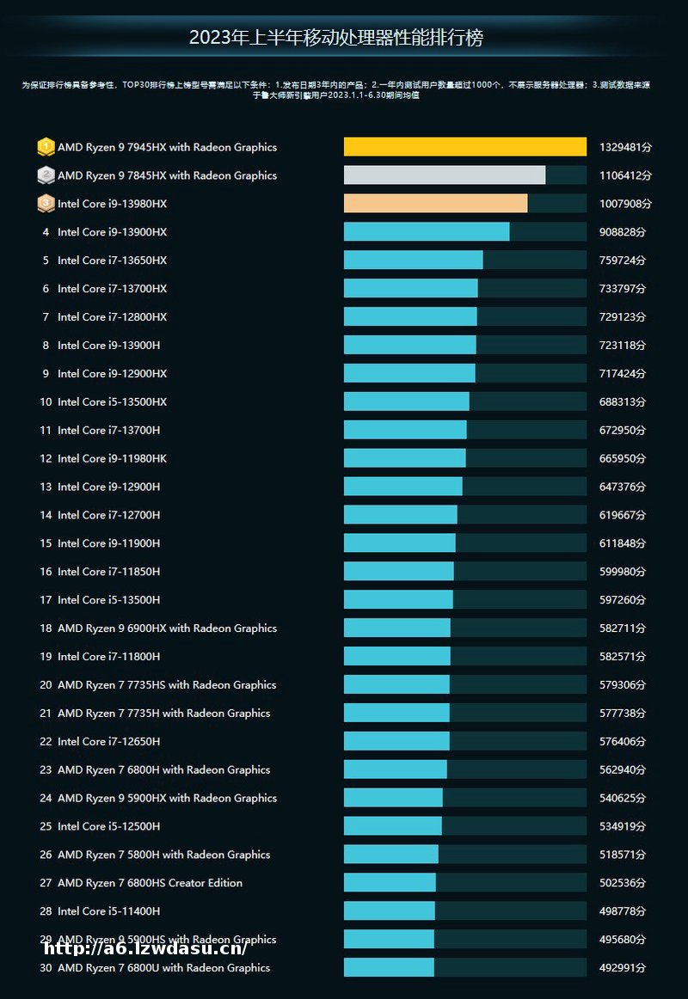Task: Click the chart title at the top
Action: (336, 38)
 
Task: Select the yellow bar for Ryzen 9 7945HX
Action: (464, 147)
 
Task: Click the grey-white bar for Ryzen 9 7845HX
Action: (444, 175)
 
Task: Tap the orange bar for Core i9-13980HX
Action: (435, 204)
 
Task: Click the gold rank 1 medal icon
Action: (46, 147)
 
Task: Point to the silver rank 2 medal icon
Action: (46, 175)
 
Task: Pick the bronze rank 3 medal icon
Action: (46, 204)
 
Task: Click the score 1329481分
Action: (625, 147)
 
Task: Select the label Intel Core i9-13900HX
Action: (112, 232)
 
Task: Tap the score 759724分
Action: (622, 260)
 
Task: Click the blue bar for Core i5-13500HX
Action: (406, 401)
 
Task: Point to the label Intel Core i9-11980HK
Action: (112, 458)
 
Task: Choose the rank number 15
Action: (46, 543)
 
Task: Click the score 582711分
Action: (622, 628)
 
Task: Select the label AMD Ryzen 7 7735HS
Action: (167, 685)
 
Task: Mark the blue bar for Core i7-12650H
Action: (396, 741)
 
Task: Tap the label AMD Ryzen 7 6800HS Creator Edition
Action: (150, 883)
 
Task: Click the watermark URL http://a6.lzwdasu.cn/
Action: (145, 948)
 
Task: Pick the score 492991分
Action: (622, 968)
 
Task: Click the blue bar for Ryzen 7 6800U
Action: (389, 968)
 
